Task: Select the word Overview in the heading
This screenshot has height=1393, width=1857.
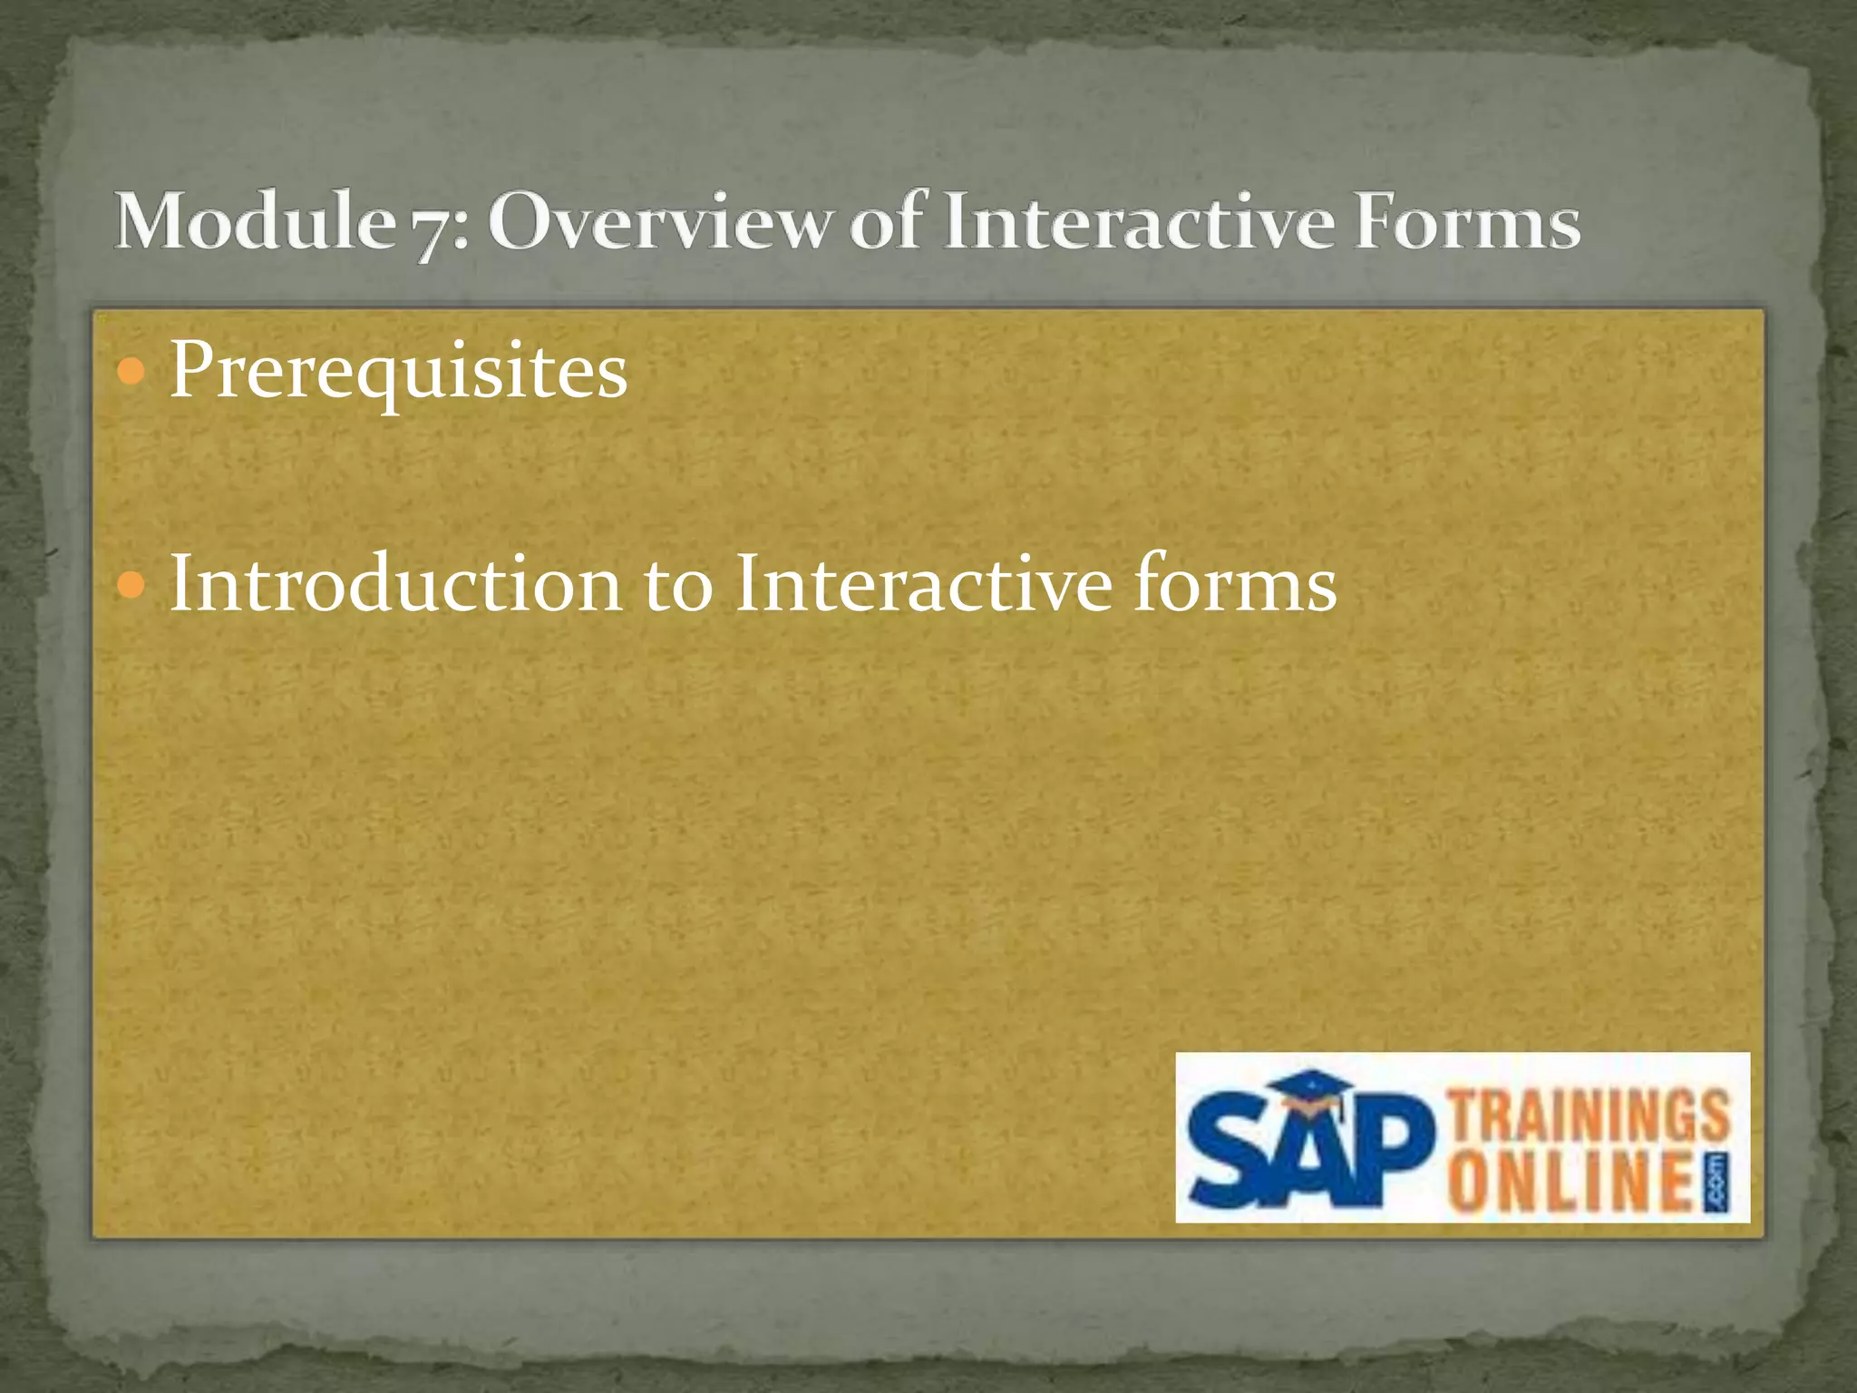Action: (x=658, y=223)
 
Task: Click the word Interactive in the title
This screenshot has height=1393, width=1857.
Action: (x=1138, y=221)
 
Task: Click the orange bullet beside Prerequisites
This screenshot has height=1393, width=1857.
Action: (x=131, y=371)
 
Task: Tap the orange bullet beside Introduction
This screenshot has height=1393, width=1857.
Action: (x=131, y=586)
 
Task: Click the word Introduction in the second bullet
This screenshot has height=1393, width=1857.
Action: (x=395, y=585)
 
